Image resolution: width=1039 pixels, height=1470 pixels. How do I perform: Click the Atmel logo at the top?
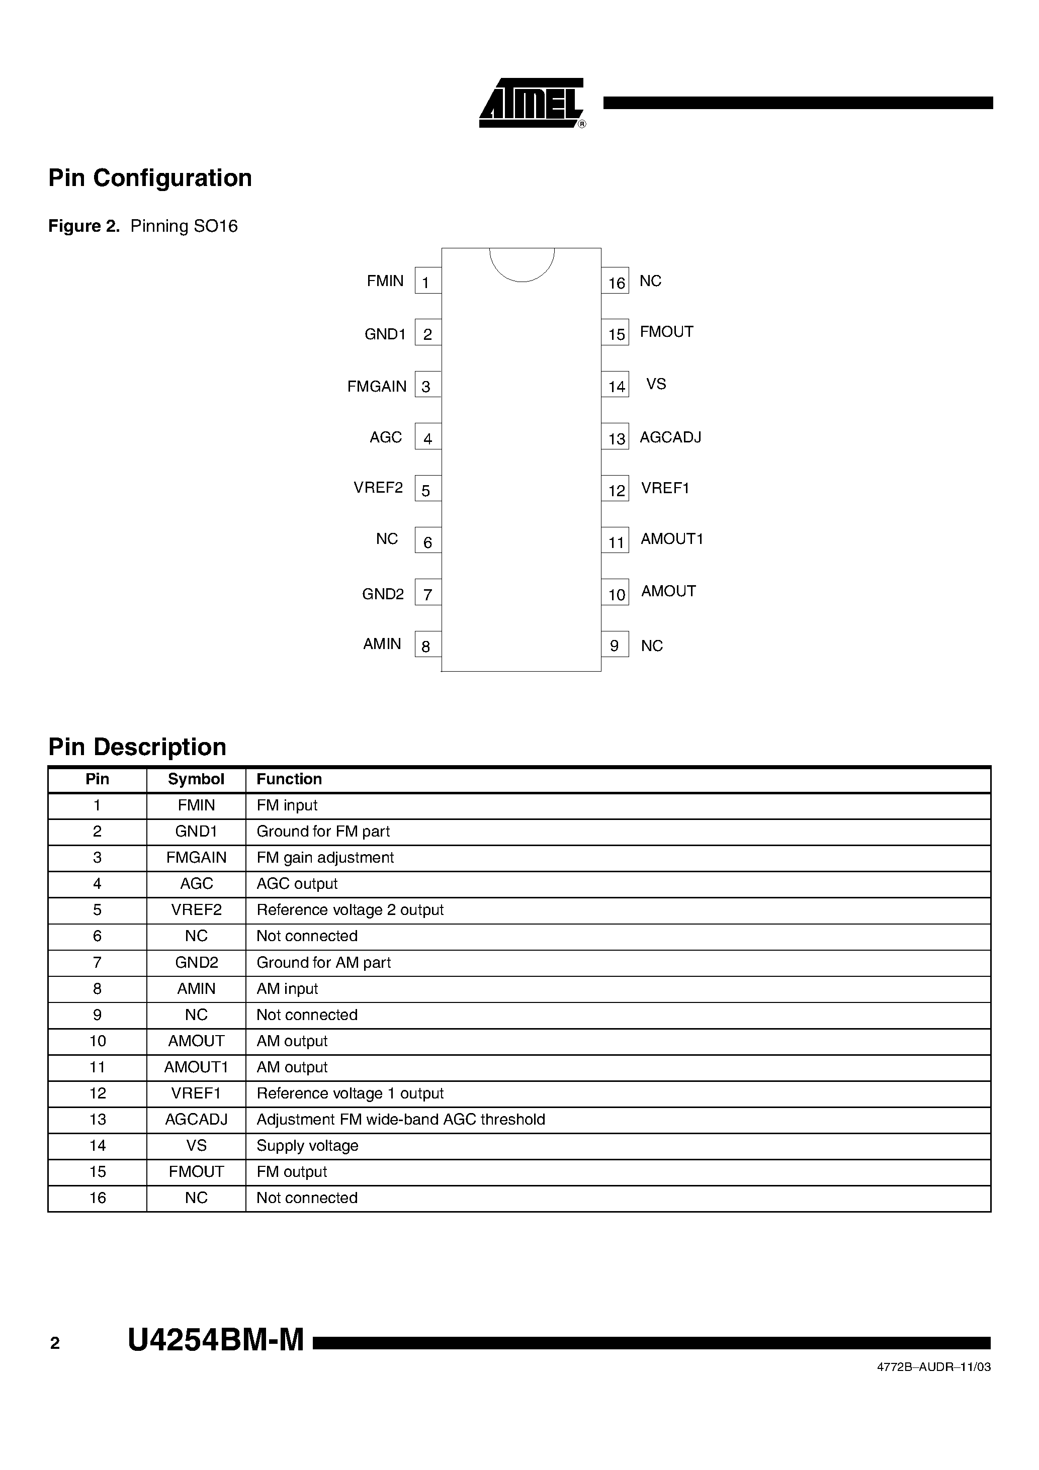(531, 104)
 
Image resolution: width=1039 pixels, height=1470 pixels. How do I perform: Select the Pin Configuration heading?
(150, 178)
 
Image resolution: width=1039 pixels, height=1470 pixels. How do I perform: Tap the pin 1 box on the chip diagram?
(427, 281)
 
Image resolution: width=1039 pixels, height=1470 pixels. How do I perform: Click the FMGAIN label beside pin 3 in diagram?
(377, 386)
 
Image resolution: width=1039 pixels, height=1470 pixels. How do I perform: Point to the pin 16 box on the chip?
(616, 282)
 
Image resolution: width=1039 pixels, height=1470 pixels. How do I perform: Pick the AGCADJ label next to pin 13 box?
(670, 437)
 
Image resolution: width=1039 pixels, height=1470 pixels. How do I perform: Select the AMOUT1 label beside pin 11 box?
(671, 539)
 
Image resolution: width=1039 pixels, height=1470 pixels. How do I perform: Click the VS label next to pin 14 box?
(656, 384)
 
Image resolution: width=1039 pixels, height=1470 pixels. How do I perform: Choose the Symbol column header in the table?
(196, 779)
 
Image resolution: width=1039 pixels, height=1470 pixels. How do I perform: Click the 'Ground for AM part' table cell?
(323, 962)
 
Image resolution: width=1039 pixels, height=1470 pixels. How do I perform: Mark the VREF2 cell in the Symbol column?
(196, 910)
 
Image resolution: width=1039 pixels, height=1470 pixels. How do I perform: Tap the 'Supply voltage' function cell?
(307, 1145)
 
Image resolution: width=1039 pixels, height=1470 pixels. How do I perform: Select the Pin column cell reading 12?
(98, 1093)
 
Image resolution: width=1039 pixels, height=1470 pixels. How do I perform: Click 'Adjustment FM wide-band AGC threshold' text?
(401, 1119)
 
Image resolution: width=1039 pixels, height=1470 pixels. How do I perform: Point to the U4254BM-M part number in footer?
(216, 1340)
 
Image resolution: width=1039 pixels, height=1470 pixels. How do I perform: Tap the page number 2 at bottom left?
(55, 1343)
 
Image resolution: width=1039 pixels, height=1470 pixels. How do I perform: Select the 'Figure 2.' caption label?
(84, 226)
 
